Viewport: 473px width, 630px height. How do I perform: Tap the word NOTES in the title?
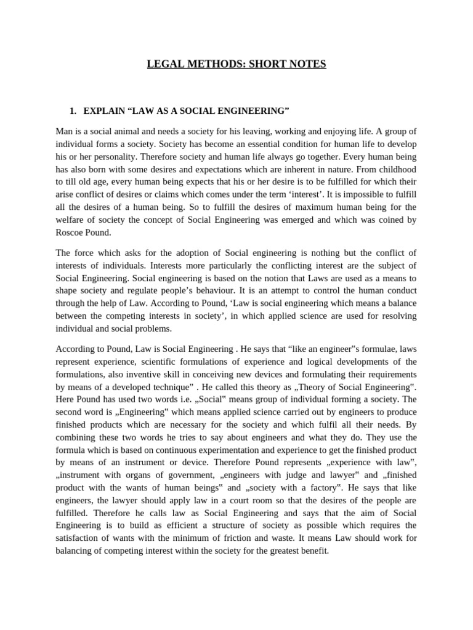(x=308, y=64)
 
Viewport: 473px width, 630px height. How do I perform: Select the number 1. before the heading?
(x=73, y=111)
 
